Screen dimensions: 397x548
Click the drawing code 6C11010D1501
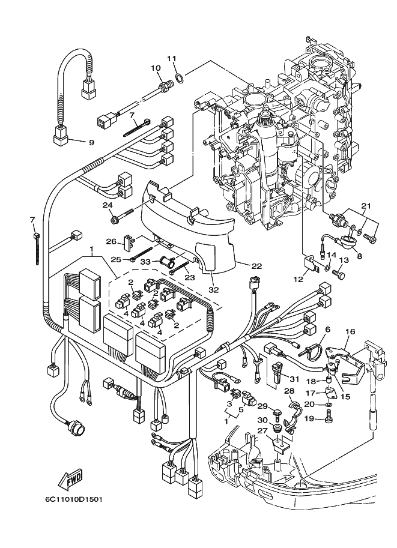[x=73, y=499]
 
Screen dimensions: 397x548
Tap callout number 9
[x=92, y=143]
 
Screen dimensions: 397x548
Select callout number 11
[x=171, y=58]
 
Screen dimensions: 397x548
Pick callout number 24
[x=107, y=205]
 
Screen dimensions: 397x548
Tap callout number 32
[x=214, y=290]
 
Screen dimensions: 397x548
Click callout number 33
[x=146, y=262]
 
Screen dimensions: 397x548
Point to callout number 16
[x=351, y=331]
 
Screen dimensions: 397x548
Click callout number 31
[x=295, y=378]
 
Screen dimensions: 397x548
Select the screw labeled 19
[x=328, y=418]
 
